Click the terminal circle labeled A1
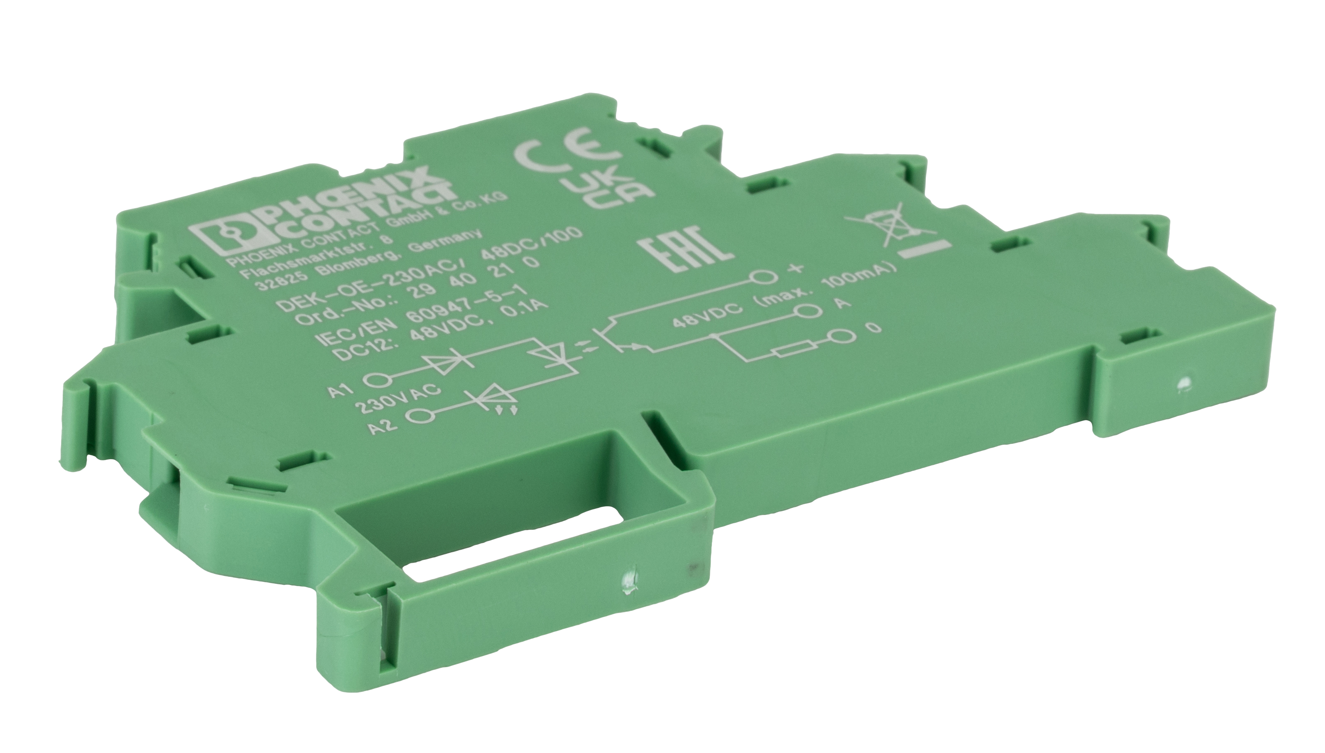(377, 381)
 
